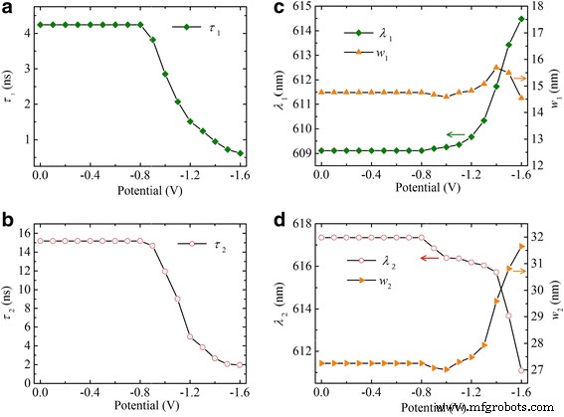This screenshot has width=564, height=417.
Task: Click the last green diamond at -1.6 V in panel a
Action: [240, 154]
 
